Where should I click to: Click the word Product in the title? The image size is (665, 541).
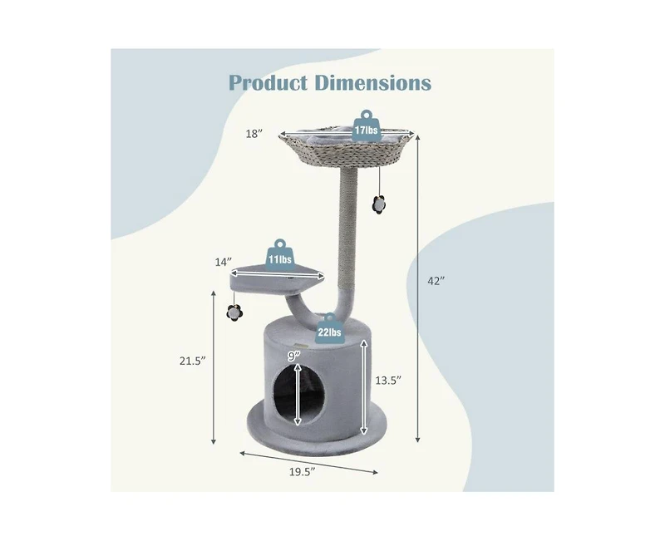coord(268,83)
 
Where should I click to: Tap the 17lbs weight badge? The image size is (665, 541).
coord(364,129)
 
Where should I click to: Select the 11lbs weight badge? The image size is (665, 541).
coord(278,258)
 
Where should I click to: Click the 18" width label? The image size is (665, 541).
coord(256,133)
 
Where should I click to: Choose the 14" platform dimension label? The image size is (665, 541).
coord(222,262)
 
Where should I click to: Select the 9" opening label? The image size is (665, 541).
coord(293,355)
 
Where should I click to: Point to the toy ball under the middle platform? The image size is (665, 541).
coord(234,312)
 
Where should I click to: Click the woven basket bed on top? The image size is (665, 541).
coord(347,150)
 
